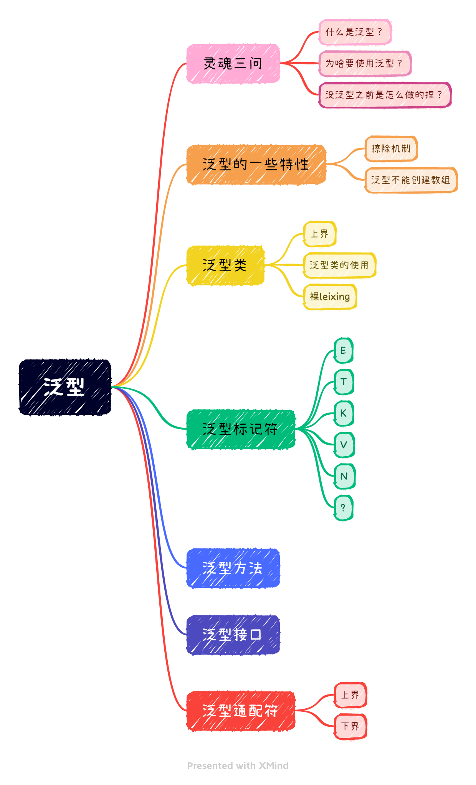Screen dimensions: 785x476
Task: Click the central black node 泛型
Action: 65,387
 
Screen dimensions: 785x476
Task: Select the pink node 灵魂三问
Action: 233,63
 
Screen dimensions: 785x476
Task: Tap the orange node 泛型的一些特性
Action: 256,165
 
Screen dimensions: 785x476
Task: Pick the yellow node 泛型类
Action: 225,265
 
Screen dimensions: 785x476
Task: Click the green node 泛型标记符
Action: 241,429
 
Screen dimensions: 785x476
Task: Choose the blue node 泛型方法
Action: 233,568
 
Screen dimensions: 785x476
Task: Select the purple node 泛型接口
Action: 233,635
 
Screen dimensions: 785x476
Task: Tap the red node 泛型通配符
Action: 241,711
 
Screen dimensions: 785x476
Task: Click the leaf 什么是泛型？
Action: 355,32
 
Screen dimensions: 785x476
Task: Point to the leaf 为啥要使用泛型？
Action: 365,63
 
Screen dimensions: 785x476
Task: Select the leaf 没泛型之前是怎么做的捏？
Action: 385,95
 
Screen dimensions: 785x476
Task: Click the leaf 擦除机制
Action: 391,148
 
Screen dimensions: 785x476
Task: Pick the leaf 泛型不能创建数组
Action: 411,180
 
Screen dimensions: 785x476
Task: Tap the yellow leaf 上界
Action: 319,234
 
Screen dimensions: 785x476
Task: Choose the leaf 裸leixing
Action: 330,297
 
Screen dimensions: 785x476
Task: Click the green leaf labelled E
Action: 343,350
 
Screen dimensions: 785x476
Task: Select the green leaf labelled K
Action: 344,413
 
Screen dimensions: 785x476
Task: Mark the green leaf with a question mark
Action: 343,508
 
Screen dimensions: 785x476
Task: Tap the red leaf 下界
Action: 350,726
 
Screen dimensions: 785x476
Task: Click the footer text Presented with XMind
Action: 238,765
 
